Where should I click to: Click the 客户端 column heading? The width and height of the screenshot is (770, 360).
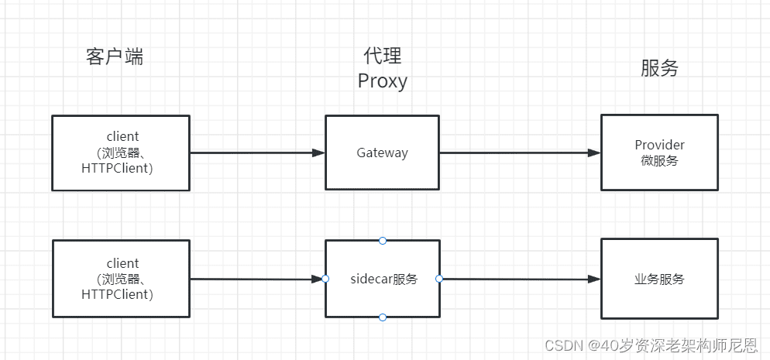click(115, 57)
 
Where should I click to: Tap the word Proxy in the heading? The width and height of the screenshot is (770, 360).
click(383, 81)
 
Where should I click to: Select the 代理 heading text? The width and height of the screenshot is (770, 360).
click(383, 56)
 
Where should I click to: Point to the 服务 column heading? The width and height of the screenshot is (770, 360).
click(659, 68)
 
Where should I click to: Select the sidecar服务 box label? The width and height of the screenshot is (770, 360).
click(384, 279)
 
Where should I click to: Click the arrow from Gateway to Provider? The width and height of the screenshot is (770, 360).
click(520, 153)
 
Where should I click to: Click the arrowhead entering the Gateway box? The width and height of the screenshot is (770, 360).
click(318, 153)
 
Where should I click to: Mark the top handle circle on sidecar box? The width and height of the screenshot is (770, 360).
click(383, 240)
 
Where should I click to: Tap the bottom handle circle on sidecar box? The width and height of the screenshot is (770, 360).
click(383, 317)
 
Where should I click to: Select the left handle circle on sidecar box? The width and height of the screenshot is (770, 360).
click(325, 279)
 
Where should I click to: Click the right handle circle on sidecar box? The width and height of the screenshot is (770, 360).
click(439, 279)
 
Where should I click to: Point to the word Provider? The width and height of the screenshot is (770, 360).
click(659, 146)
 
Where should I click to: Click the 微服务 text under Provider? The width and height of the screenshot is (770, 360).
click(659, 160)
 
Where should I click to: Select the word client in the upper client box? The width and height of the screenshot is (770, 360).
click(122, 136)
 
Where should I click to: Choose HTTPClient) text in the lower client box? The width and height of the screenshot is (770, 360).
click(118, 294)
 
